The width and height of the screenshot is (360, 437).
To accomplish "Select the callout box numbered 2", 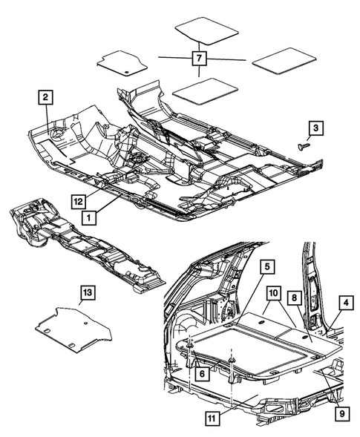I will coord(46,97).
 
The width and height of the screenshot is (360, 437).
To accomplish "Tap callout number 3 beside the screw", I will coord(315,129).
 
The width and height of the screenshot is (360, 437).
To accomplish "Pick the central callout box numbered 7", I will coord(199,58).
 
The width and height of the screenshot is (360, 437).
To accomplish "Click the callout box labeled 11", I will coord(213,419).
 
